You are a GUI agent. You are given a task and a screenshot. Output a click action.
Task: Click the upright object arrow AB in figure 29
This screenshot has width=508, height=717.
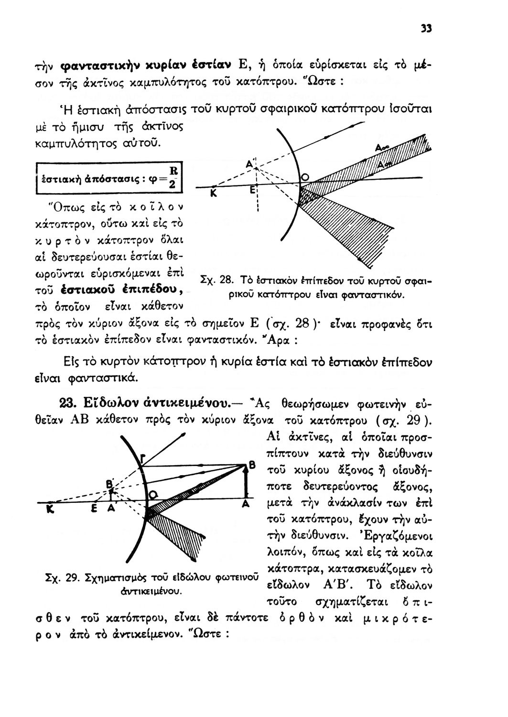(x=246, y=483)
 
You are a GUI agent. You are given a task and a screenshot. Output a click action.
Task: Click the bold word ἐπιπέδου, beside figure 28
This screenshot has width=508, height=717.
(x=149, y=289)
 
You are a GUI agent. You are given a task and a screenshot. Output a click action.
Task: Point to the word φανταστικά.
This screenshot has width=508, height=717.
(x=111, y=377)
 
